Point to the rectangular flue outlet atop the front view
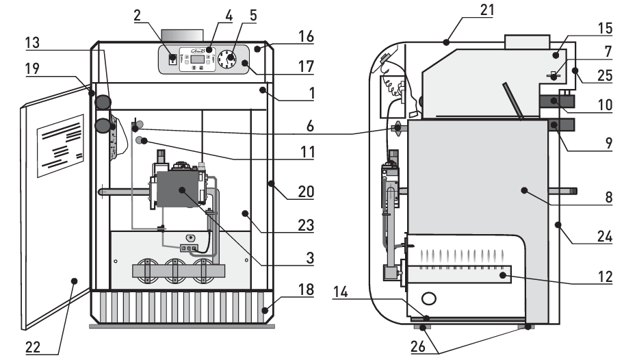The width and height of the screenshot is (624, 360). (182, 35)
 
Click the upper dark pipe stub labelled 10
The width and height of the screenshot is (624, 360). (558, 102)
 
